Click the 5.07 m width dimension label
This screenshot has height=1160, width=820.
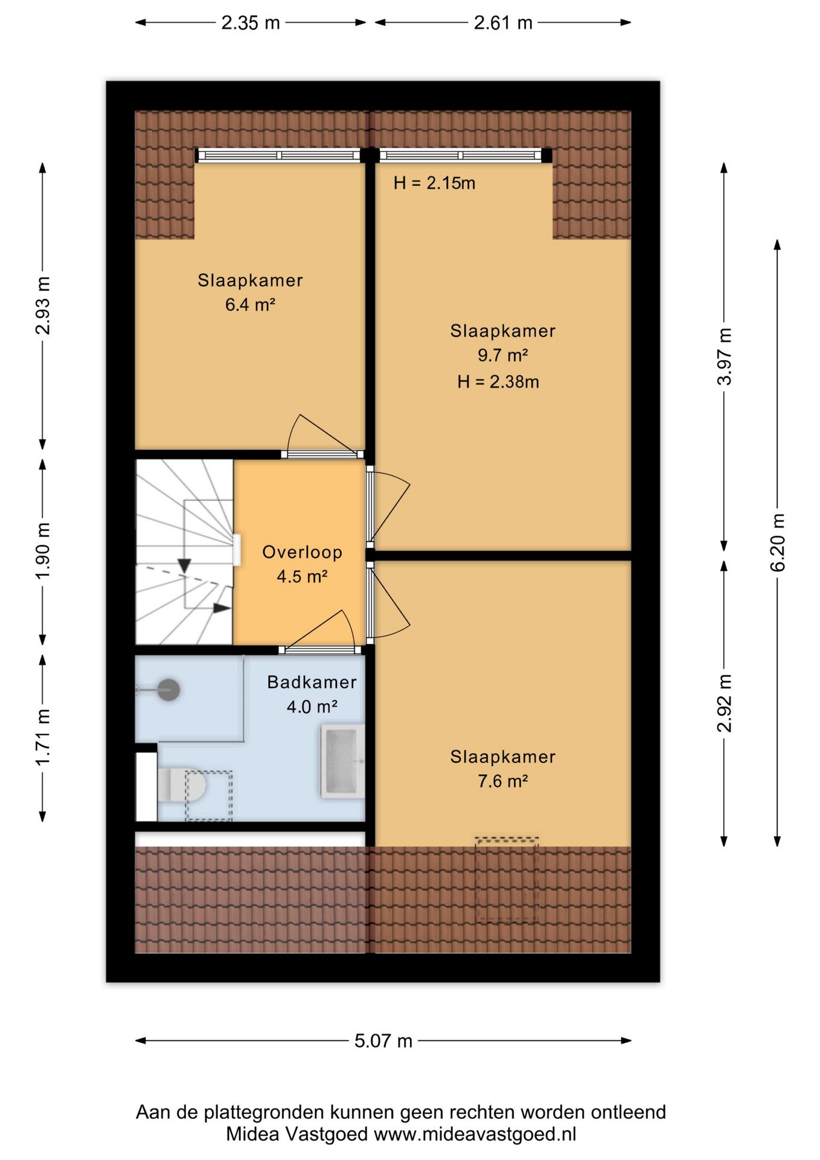[383, 1040]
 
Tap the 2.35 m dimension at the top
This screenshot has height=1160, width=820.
[251, 23]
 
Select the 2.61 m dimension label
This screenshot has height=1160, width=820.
[503, 23]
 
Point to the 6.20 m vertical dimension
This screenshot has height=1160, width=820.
[778, 542]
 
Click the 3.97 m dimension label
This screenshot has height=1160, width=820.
[725, 356]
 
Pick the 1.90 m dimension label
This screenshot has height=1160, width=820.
[43, 550]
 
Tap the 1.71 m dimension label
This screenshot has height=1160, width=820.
[43, 738]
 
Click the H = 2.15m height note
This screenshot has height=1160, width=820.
[434, 183]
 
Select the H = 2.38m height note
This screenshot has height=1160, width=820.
[498, 382]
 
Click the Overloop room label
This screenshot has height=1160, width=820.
[303, 552]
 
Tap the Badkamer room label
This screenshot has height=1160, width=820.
[312, 682]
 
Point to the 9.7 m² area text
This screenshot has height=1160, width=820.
[503, 355]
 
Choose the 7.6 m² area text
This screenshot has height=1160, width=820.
[503, 781]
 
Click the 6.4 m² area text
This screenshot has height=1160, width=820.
[251, 304]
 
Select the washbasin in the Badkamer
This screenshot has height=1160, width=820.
[342, 761]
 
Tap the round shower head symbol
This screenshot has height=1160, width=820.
[169, 689]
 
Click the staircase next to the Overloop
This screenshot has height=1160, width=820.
[184, 552]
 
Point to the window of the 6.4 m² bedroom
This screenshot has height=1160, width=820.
[278, 155]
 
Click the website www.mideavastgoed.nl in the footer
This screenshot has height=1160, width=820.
[475, 1134]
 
